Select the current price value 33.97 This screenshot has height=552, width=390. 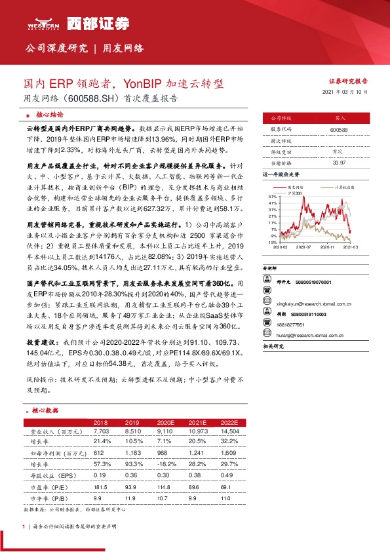(x=339, y=162)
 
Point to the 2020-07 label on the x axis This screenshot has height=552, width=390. (x=303, y=246)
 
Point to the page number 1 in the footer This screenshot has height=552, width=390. (x=24, y=527)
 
